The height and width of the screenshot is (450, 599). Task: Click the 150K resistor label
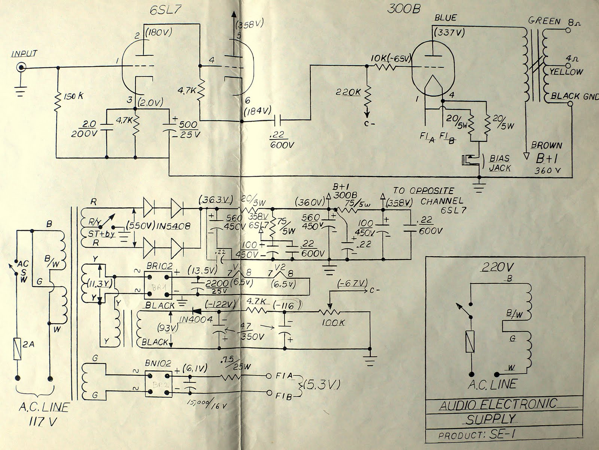click(74, 96)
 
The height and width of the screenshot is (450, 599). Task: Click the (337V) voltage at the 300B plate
click(449, 33)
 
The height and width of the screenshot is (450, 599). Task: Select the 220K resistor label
click(349, 91)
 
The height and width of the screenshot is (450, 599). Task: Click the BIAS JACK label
click(499, 163)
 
